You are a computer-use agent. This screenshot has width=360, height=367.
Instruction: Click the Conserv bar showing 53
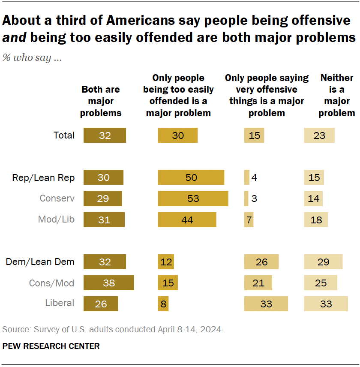tap(193, 199)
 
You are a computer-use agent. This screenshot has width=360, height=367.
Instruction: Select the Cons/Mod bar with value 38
tap(109, 283)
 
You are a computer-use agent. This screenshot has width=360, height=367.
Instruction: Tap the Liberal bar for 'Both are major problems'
tap(101, 304)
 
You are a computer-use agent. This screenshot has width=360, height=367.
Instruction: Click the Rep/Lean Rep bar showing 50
tap(191, 177)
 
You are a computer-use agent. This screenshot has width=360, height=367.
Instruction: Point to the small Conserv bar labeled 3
tap(246, 199)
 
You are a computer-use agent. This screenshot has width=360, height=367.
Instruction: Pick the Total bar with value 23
tap(319, 135)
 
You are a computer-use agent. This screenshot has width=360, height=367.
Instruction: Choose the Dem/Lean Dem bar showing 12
tap(166, 262)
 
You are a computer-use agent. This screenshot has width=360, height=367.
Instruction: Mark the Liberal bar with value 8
tap(163, 304)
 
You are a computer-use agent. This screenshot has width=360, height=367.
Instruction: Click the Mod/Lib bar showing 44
tap(187, 220)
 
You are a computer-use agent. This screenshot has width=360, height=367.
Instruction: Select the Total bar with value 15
tap(254, 135)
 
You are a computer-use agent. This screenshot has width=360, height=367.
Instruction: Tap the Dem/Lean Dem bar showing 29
tap(323, 262)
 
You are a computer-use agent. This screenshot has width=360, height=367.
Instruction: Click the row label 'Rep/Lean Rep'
tap(43, 177)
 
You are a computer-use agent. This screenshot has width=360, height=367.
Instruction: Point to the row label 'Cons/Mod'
tap(51, 283)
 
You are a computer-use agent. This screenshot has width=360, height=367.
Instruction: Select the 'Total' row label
tap(64, 135)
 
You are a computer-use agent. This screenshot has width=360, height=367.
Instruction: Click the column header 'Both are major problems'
tap(101, 101)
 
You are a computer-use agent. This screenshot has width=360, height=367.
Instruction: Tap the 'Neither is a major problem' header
tap(337, 95)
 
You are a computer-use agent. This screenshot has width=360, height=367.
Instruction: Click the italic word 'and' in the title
tap(13, 38)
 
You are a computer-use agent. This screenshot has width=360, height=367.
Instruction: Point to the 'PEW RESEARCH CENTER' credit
tap(51, 346)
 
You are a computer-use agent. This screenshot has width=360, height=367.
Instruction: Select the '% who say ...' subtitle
tap(32, 57)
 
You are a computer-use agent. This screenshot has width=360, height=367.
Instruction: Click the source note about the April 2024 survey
tap(113, 330)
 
